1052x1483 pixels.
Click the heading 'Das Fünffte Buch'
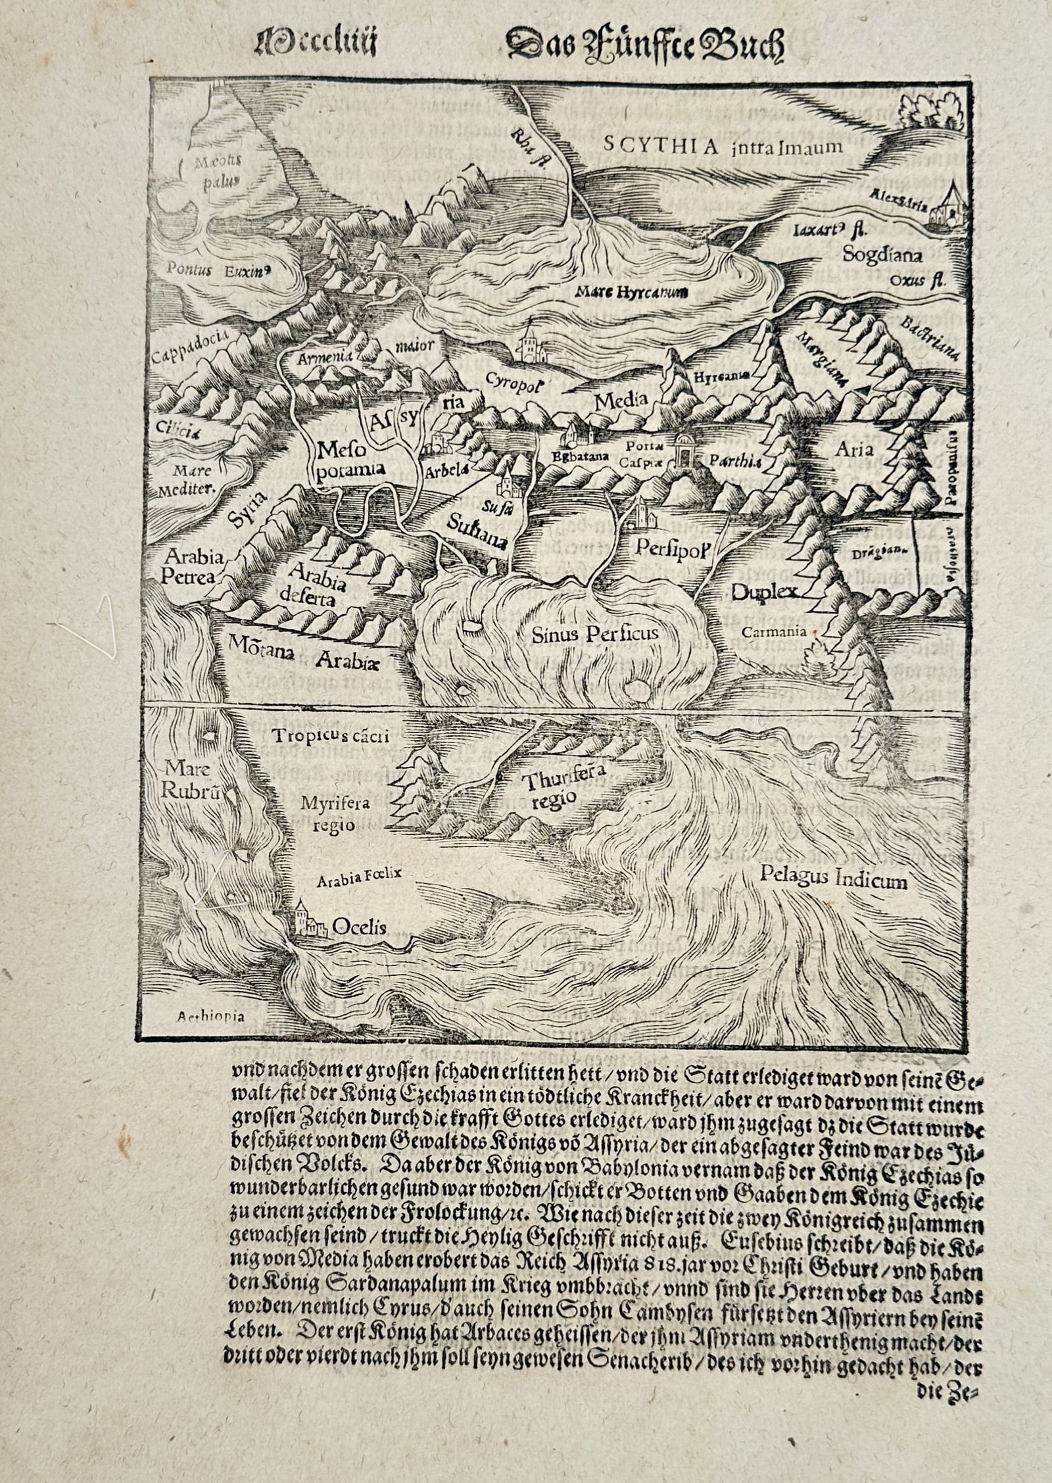point(644,48)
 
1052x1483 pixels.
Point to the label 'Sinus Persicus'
point(595,634)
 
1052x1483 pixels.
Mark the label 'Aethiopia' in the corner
point(211,1034)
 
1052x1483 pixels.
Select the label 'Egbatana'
point(577,454)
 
